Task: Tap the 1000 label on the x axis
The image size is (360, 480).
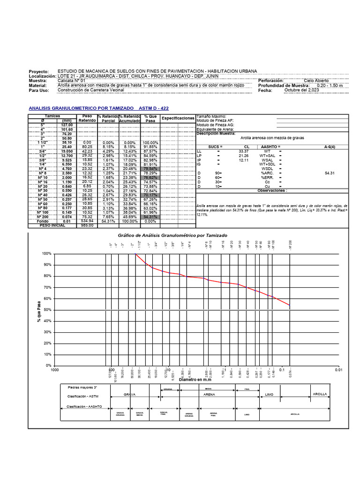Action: click(x=55, y=370)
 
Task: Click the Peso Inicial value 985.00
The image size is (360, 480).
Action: click(x=87, y=225)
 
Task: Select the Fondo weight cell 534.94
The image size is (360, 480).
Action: click(x=87, y=222)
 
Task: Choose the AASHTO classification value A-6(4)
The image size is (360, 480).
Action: click(x=330, y=147)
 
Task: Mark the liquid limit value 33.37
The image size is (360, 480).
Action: click(x=243, y=151)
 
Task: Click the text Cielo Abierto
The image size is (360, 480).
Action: click(x=316, y=81)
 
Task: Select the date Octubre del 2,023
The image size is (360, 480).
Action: click(x=301, y=90)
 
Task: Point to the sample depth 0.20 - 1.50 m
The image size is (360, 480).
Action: click(x=330, y=86)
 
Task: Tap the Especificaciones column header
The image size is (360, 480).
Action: click(x=178, y=119)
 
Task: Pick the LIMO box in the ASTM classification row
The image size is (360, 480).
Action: click(x=269, y=395)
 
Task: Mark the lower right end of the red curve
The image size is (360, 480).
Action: click(x=290, y=305)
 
